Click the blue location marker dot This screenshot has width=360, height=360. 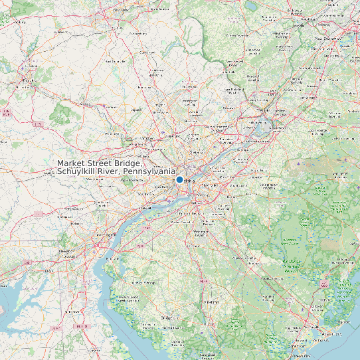pos(179,179)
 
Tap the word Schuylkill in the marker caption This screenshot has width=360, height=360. pos(78,172)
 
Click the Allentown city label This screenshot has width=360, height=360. pos(121,9)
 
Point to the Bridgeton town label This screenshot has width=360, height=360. pos(169,317)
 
